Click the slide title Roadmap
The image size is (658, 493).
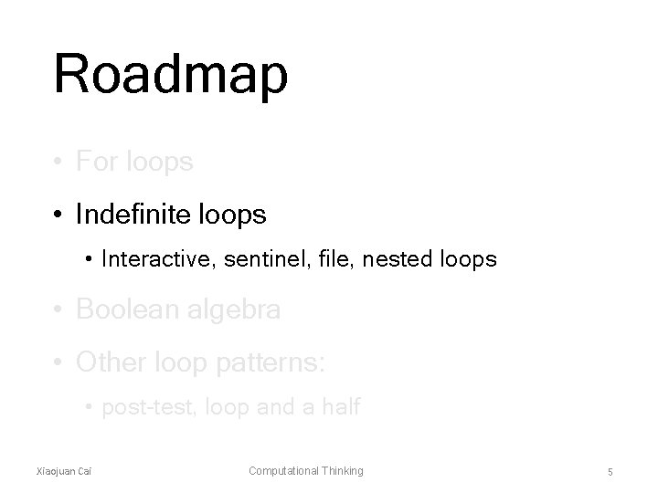(x=171, y=76)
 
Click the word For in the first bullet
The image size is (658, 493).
(x=96, y=163)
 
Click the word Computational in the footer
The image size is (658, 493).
(x=282, y=470)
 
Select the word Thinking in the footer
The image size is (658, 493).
(x=341, y=470)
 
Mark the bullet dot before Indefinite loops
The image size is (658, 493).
(x=58, y=215)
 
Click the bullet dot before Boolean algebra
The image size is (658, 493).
(x=58, y=311)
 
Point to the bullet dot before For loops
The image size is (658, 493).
(x=58, y=163)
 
